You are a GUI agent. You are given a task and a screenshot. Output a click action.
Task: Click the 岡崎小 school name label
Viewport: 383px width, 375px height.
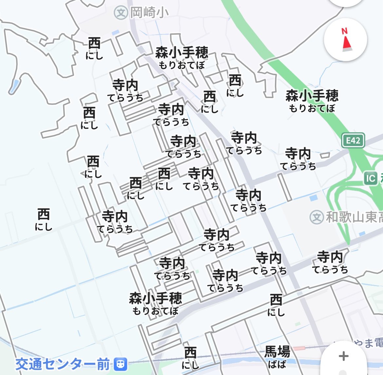[x=149, y=13]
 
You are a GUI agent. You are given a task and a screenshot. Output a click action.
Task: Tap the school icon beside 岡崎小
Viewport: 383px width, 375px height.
[x=121, y=13]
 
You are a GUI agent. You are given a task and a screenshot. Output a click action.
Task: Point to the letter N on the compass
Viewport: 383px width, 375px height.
[x=344, y=31]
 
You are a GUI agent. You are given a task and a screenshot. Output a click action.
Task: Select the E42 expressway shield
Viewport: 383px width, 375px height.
[x=353, y=141]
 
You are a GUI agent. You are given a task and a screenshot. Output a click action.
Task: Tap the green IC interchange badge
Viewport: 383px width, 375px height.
[x=371, y=179]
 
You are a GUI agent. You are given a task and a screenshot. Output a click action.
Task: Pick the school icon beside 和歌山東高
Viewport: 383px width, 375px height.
[x=316, y=217]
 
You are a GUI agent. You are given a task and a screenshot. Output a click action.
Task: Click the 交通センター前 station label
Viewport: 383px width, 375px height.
[x=63, y=364]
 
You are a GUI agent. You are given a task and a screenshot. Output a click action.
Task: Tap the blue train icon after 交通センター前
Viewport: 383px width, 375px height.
[x=120, y=364]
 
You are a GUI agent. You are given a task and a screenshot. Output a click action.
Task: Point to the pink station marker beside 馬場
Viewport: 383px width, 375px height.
[x=299, y=349]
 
